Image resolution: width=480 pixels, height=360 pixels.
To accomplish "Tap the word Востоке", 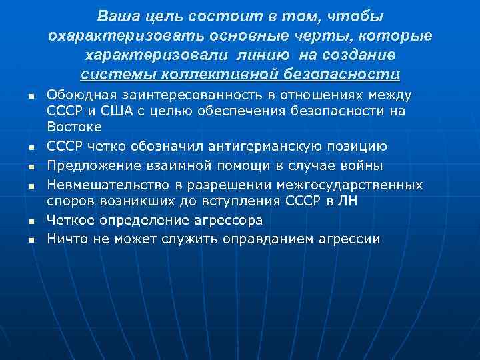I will click(x=74, y=125).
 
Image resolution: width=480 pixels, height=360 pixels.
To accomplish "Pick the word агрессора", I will click(x=229, y=220).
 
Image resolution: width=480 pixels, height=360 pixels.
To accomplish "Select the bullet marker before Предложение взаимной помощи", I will click(x=31, y=165).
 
